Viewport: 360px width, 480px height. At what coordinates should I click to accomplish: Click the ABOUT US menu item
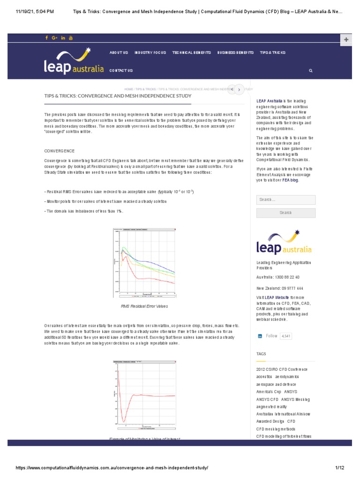tap(119, 52)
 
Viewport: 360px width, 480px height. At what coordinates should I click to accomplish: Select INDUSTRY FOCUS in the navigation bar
tap(150, 52)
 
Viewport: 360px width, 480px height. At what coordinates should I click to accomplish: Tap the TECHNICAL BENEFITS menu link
tap(192, 52)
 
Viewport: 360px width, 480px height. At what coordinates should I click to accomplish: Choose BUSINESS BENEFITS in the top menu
tap(235, 52)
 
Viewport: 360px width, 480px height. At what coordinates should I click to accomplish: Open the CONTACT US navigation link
tap(121, 70)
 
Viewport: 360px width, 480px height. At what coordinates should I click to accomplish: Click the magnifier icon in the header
tap(310, 70)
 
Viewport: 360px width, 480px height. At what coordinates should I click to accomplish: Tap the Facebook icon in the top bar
tap(47, 38)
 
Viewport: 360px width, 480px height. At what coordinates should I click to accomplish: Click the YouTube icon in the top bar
tap(71, 38)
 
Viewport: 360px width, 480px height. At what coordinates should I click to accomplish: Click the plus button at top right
tap(346, 40)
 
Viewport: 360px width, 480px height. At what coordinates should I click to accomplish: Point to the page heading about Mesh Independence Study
tap(118, 96)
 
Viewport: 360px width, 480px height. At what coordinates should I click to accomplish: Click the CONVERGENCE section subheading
tap(59, 151)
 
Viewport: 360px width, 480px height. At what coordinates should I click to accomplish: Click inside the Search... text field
tap(285, 200)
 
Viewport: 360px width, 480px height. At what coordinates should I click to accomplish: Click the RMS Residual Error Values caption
tap(144, 306)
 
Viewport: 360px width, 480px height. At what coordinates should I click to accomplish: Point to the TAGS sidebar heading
tap(261, 353)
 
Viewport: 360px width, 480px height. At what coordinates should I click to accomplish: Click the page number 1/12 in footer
tap(339, 468)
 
